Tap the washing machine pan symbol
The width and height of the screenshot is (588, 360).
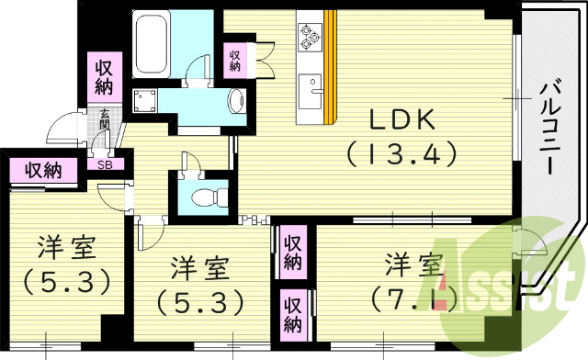pos(145,100)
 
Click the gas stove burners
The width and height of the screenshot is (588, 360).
pos(309,36)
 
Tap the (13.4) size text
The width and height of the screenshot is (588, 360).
pos(401,153)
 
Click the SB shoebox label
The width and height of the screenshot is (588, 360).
pos(105,164)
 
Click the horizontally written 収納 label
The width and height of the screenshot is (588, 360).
pos(43,171)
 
